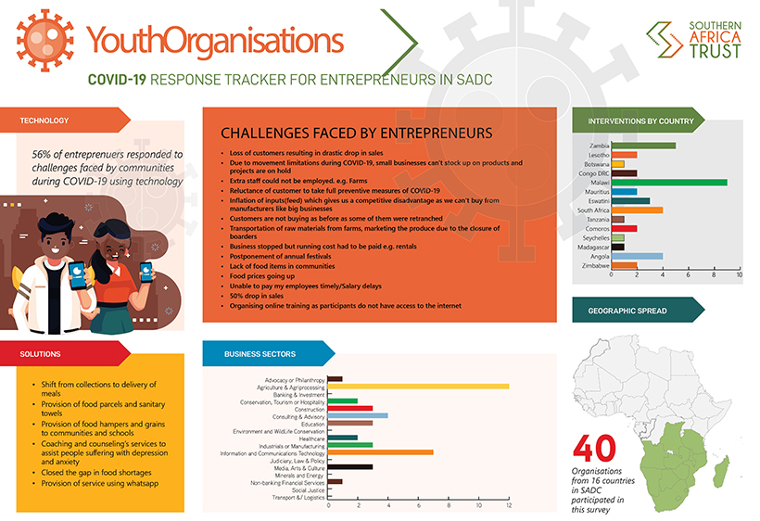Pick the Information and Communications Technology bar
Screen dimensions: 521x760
coord(381,452)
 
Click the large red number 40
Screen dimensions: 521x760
coord(596,450)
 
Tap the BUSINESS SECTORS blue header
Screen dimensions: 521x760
coord(261,353)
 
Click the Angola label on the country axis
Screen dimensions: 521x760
coord(598,256)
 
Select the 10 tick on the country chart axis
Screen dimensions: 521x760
coord(740,275)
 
